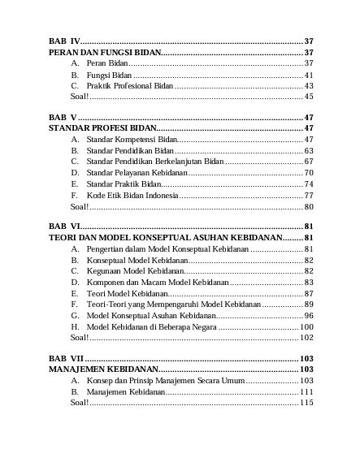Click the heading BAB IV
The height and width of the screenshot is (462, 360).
[x=64, y=40]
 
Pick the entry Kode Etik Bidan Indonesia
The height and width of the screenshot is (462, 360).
[x=132, y=196]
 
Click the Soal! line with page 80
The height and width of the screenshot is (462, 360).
[x=79, y=206]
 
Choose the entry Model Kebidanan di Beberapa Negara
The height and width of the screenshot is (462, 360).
[x=151, y=326]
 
